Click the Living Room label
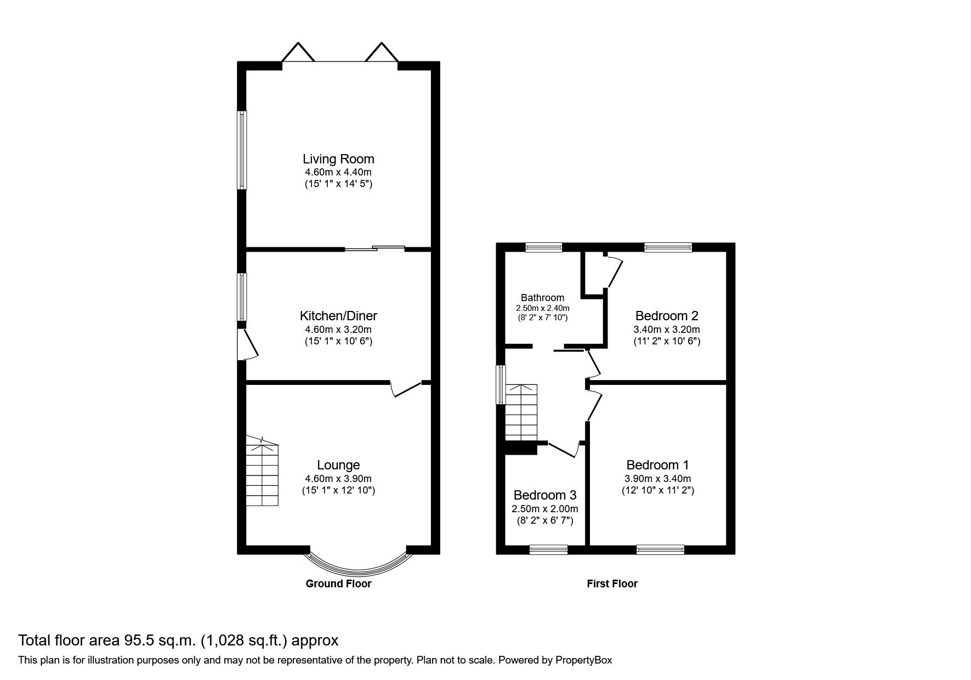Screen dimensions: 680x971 point(338,159)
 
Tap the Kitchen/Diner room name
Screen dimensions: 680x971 point(338,316)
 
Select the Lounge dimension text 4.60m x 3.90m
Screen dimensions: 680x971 point(338,479)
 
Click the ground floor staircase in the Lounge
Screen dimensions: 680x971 point(262,474)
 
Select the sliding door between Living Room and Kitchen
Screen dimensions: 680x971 point(375,249)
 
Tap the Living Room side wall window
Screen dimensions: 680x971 point(242,150)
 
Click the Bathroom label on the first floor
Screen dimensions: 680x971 point(542,298)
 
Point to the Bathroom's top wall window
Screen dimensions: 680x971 point(544,248)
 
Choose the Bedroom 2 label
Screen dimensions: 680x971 point(667,316)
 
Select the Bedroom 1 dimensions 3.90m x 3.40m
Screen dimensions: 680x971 point(658,479)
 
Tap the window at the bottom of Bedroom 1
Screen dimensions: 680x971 point(660,549)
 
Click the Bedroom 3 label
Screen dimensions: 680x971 point(544,495)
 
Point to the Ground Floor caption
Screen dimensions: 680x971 point(338,584)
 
